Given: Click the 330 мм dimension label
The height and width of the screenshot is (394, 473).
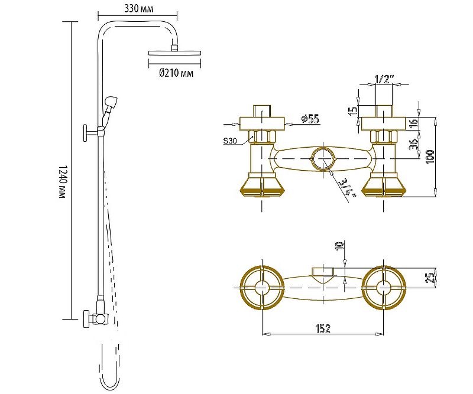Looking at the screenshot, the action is (x=139, y=8).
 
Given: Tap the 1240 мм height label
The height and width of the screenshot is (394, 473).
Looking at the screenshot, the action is (x=62, y=181).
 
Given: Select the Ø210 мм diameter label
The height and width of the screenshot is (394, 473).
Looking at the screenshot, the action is (x=176, y=73).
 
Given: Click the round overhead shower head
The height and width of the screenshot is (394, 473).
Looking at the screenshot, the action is (x=174, y=53).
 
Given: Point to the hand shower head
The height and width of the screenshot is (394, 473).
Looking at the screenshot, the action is (x=111, y=103).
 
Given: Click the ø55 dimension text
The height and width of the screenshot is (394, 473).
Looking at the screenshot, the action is (x=310, y=119).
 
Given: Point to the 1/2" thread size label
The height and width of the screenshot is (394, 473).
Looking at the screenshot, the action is (x=384, y=79).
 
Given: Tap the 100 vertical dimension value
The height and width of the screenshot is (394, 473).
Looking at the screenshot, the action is (x=430, y=157).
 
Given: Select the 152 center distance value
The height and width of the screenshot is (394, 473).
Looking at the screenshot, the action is (x=323, y=328).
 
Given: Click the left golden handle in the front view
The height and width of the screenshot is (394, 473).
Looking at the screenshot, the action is (x=262, y=185).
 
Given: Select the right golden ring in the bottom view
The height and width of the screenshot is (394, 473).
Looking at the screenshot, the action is (x=384, y=288).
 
